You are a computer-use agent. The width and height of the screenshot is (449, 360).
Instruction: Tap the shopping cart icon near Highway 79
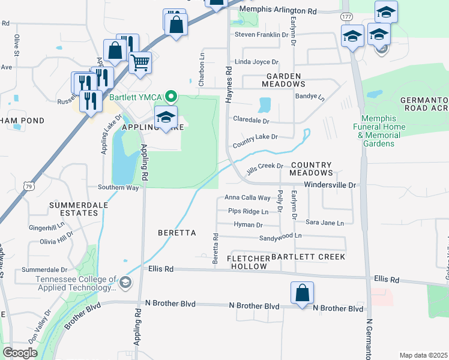140,62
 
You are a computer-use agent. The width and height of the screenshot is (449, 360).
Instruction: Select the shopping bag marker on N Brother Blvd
303,293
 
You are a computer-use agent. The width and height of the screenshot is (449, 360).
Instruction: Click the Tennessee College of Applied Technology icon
125,282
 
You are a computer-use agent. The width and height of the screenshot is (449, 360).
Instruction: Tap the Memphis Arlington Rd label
277,11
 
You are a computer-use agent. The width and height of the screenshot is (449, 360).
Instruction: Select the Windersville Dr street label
330,185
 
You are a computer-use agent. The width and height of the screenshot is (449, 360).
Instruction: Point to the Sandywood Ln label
280,237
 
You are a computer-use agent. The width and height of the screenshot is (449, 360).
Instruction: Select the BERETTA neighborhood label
177,232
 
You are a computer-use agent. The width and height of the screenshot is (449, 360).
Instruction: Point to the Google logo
20,353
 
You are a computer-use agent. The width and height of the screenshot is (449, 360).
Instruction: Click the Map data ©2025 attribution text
423,355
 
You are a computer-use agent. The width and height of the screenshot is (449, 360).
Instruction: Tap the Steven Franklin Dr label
261,35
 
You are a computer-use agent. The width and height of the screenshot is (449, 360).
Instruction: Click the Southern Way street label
119,188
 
